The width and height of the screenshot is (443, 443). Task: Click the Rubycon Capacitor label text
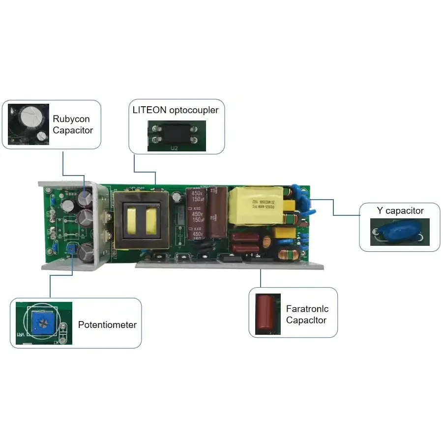click(72, 124)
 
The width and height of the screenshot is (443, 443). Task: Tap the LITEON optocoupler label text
click(175, 110)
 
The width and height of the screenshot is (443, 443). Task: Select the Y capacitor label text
click(400, 210)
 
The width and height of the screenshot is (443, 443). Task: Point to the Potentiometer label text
click(107, 325)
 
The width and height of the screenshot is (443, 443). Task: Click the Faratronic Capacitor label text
click(307, 315)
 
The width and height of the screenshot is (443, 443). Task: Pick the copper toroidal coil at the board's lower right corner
click(285, 254)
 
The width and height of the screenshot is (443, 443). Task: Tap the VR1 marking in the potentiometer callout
click(21, 333)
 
